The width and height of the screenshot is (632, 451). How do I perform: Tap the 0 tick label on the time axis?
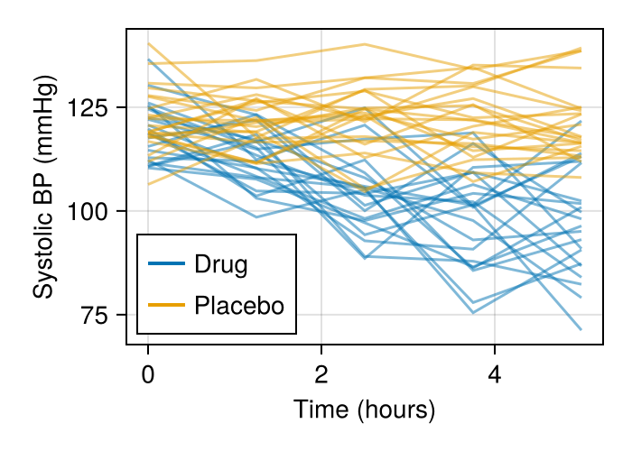(x=148, y=373)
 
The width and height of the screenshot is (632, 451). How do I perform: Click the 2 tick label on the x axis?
(x=321, y=373)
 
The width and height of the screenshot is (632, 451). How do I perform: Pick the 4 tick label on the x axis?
(x=495, y=373)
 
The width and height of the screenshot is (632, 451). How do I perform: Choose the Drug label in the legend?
(x=221, y=264)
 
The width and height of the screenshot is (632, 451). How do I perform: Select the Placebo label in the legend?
(x=239, y=306)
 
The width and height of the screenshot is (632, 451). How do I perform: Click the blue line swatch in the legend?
(x=167, y=264)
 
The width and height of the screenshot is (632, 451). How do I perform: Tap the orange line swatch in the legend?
(x=167, y=306)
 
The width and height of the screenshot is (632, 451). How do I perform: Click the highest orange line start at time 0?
(x=148, y=43)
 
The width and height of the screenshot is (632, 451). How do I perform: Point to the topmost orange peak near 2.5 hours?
(x=365, y=44)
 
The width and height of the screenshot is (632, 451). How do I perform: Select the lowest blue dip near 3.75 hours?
(x=473, y=313)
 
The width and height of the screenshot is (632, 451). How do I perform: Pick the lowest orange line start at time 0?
(x=148, y=185)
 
